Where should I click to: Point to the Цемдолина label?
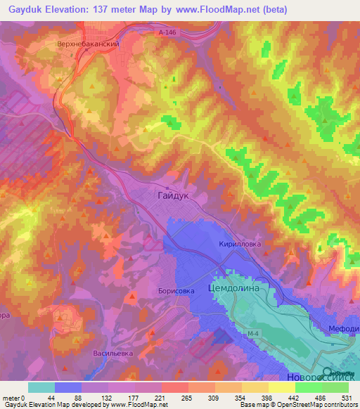pos(234,288)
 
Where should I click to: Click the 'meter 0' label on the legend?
pos(14,397)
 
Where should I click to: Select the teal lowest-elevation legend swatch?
pos(41,387)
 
